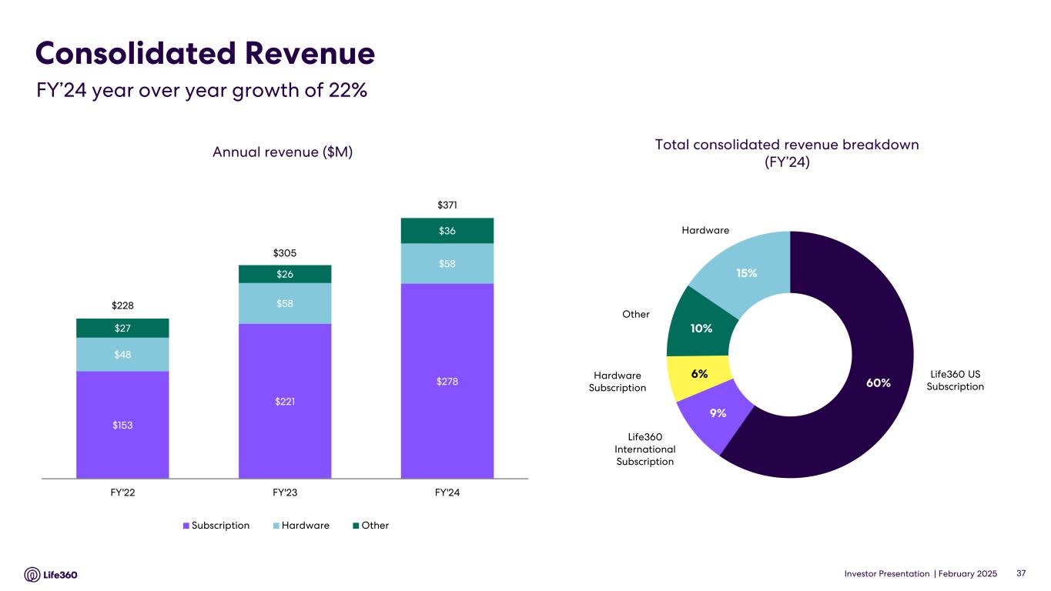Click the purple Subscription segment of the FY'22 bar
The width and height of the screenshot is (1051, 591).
click(x=122, y=424)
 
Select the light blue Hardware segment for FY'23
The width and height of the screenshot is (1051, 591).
click(x=285, y=303)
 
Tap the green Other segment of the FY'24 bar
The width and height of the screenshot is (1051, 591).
click(x=447, y=231)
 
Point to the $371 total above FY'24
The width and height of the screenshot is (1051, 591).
click(x=447, y=205)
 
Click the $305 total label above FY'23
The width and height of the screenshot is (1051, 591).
click(x=285, y=252)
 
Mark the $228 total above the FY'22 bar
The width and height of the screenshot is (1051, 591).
click(x=122, y=306)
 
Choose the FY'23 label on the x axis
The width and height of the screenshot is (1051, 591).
click(x=285, y=493)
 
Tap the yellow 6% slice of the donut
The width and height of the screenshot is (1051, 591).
click(x=699, y=374)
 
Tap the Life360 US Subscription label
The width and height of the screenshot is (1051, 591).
click(x=955, y=380)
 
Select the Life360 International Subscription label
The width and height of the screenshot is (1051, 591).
click(x=644, y=449)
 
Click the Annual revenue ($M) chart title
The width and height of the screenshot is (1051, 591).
click(x=283, y=152)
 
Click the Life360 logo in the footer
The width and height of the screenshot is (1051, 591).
click(x=51, y=574)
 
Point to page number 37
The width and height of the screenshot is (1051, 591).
click(x=1022, y=574)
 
